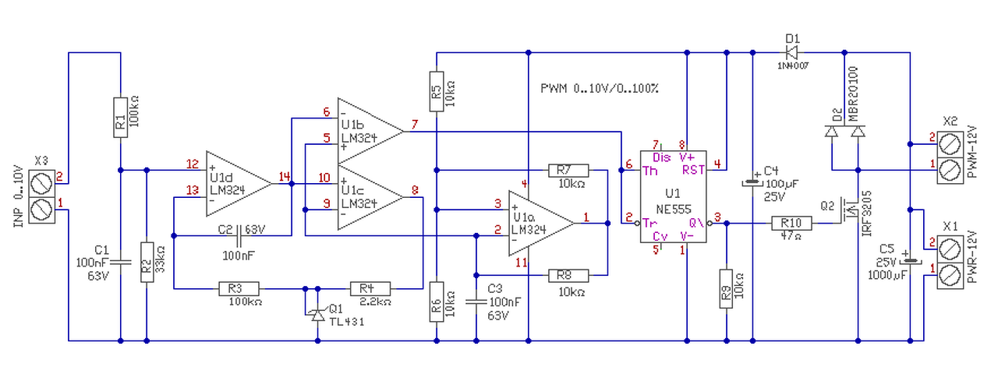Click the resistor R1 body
(120, 118)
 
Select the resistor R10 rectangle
(791, 223)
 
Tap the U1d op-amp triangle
(239, 184)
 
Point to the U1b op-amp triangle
(370, 132)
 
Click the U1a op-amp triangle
(542, 223)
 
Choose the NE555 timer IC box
(673, 196)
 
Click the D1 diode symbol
(791, 52)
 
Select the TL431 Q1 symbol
(317, 315)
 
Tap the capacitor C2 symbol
(239, 236)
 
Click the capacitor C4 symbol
(752, 182)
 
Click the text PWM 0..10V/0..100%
(600, 89)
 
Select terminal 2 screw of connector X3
(42, 184)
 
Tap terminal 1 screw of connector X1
(950, 276)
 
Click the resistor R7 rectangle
(568, 171)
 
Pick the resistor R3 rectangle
(239, 289)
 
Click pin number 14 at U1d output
(285, 177)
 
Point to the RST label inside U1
(693, 170)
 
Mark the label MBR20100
(853, 94)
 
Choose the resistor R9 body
(726, 288)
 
